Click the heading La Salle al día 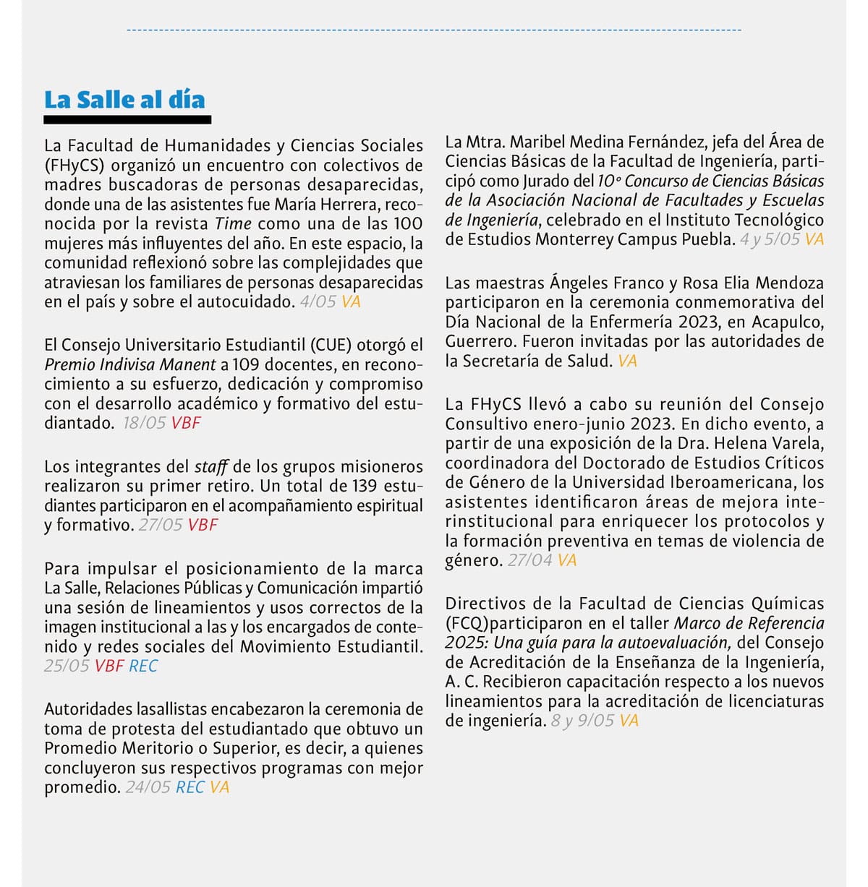124,100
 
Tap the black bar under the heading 128,120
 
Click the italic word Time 233,224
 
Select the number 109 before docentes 246,365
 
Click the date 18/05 145,424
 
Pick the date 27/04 530,560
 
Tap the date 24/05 148,788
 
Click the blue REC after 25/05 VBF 143,667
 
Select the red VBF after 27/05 203,526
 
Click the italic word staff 211,467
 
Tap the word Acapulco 792,322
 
